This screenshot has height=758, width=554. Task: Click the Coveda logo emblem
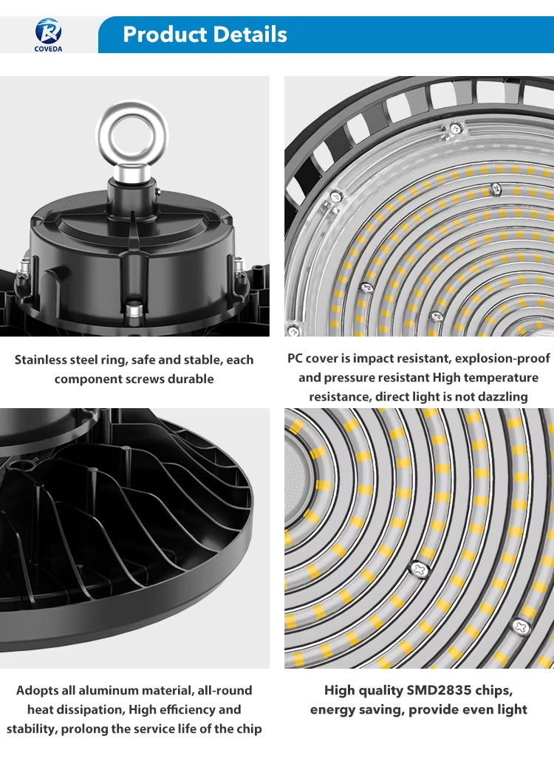48,31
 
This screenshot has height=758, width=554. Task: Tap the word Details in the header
250,35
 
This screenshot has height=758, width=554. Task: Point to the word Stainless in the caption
41,359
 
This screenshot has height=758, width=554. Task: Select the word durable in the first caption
191,379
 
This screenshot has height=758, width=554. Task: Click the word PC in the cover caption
295,358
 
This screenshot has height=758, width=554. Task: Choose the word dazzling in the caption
503,397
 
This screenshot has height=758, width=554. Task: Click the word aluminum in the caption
106,690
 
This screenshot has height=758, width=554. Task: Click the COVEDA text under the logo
49,49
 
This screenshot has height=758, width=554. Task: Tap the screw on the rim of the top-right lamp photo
455,128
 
